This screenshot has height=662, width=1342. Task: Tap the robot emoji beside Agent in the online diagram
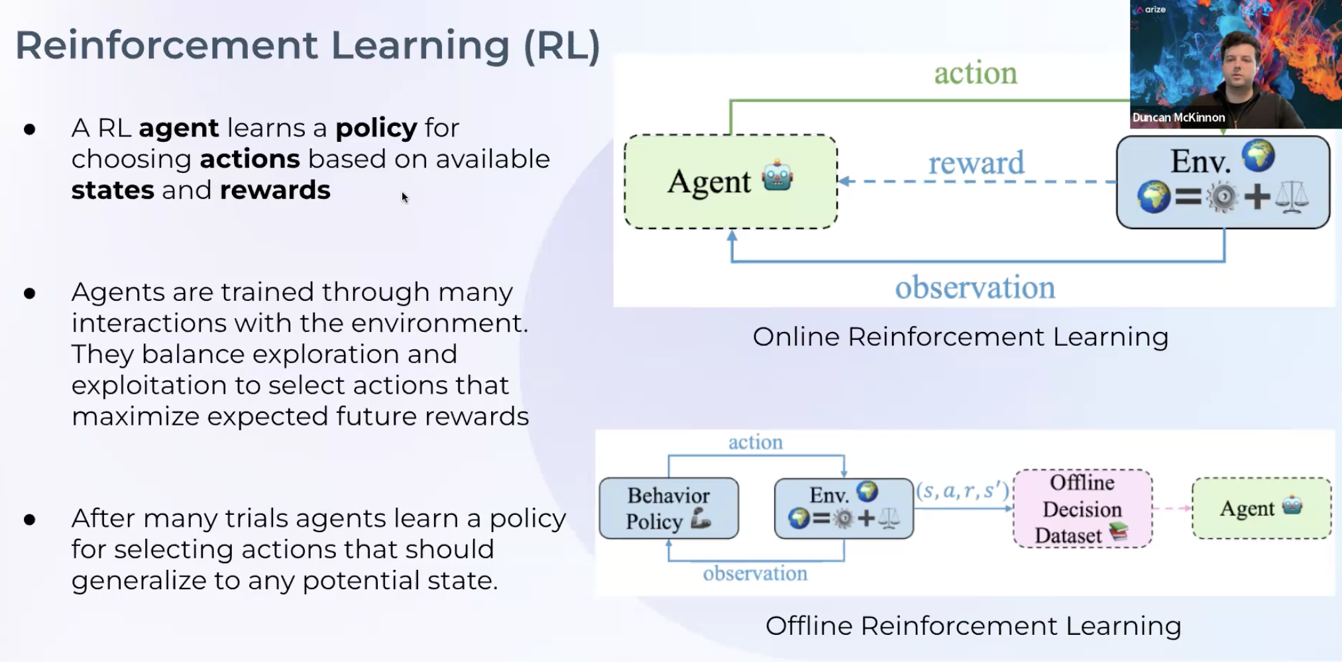point(777,178)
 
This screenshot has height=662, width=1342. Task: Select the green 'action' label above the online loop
point(975,73)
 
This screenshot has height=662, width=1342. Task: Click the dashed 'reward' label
point(976,163)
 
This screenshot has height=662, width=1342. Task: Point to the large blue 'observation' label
point(975,288)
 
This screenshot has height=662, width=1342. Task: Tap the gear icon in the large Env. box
point(1222,197)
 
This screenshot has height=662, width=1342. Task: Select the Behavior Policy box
point(668,508)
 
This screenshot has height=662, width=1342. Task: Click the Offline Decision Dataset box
point(1082,509)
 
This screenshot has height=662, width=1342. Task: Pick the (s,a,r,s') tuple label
point(963,491)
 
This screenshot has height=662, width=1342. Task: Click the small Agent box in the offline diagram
point(1261,508)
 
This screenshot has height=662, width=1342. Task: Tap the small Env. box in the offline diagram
point(843,508)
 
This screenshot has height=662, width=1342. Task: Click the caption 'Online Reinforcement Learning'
point(960,337)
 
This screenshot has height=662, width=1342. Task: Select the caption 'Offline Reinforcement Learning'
point(973,626)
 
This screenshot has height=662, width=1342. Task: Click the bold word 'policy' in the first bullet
point(376,129)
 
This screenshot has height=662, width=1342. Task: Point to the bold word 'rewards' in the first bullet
point(274,191)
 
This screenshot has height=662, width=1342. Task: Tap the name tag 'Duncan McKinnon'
point(1178,118)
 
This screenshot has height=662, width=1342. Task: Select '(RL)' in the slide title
point(561,46)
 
